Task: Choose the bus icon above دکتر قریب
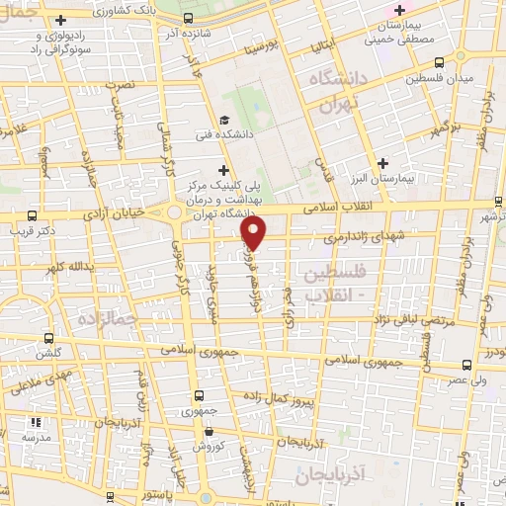33,213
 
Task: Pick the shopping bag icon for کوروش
208,431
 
